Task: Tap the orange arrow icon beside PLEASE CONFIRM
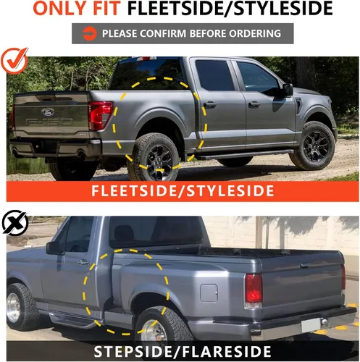coord(89,33)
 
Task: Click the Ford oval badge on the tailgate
coord(47,113)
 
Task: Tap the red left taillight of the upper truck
coord(100,114)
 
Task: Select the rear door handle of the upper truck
coord(209,105)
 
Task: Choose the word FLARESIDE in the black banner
coord(236,353)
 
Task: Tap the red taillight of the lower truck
coord(254,288)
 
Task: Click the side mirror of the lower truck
coord(53,248)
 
